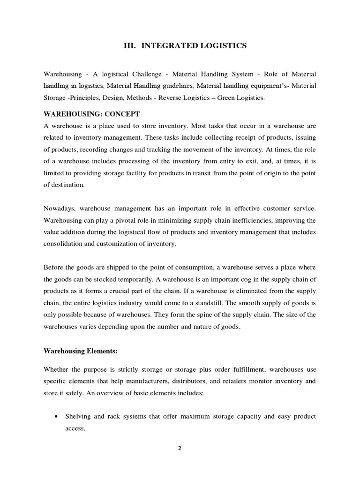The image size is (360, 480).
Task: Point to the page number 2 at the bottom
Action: click(180, 448)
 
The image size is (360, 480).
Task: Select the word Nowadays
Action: click(60, 208)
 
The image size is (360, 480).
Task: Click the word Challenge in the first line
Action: click(133, 75)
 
